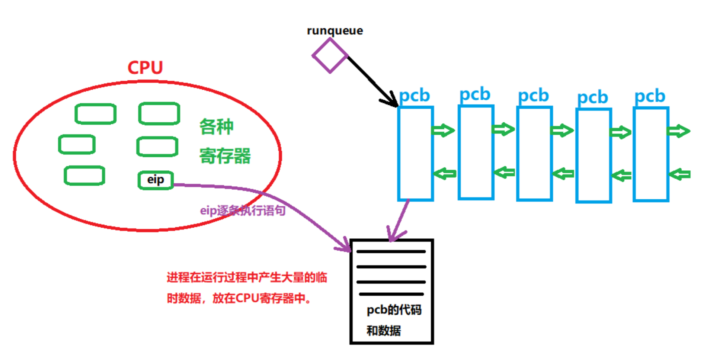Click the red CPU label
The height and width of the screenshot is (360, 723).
point(145,68)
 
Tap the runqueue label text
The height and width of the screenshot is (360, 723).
point(335,30)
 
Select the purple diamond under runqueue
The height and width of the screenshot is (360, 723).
point(330,55)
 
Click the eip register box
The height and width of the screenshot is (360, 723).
point(156,180)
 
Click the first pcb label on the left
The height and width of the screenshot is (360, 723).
point(414,96)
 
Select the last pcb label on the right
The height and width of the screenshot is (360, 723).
point(650,96)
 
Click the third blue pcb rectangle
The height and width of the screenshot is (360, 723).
point(534,153)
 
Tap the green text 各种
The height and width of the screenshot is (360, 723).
point(216,127)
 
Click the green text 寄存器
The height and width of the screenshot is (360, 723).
point(225,156)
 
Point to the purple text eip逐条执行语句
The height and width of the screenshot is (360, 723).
point(243,211)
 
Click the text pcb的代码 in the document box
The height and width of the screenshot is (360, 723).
point(394,310)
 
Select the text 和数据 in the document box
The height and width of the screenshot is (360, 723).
point(384,330)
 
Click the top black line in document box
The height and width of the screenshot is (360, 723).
point(391,252)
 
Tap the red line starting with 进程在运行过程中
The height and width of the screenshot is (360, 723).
point(247,277)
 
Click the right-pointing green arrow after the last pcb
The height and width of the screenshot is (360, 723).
point(679,131)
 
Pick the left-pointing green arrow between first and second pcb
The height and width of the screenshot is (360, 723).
point(445,173)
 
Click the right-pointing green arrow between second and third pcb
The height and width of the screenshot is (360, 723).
point(503,129)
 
